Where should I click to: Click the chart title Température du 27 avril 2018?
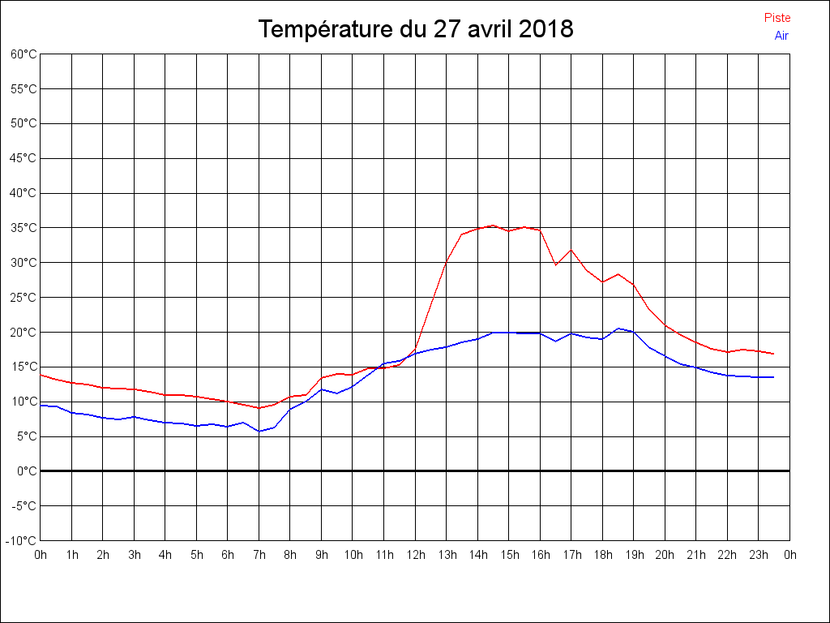(x=416, y=29)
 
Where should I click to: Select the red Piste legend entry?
(x=777, y=18)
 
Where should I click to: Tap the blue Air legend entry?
(x=781, y=36)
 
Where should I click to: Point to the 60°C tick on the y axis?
(x=24, y=54)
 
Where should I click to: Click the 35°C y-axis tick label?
(x=24, y=228)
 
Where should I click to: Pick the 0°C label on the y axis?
(x=27, y=471)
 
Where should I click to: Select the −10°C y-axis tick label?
(x=22, y=541)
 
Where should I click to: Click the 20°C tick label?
(x=24, y=333)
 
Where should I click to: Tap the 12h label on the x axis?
(x=415, y=556)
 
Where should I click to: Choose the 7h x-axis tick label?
(x=259, y=556)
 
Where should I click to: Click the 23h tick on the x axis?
(x=759, y=556)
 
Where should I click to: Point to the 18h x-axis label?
(x=602, y=556)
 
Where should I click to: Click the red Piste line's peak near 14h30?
(x=493, y=226)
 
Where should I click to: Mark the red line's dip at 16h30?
(x=555, y=264)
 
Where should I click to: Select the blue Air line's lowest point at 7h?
(x=259, y=432)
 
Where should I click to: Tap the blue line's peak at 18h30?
(x=618, y=329)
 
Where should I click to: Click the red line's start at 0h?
(x=41, y=375)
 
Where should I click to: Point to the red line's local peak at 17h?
(x=571, y=250)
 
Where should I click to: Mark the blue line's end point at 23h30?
(x=774, y=377)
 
